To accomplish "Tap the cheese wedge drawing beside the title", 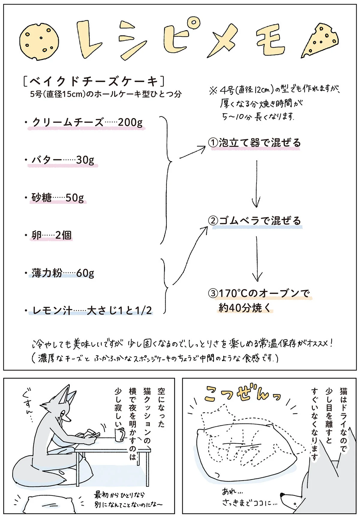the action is click(x=320, y=40).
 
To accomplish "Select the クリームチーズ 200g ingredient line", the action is click(x=87, y=122).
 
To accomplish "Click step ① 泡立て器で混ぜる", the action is click(x=255, y=143).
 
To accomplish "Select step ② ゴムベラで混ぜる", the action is click(x=255, y=221).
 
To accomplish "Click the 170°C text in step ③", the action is click(x=233, y=293).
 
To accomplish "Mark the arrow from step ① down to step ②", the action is click(x=256, y=184).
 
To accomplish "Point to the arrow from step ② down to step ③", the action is click(x=257, y=259).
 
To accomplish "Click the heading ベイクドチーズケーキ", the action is click(x=94, y=81).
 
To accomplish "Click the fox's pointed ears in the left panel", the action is click(x=67, y=394).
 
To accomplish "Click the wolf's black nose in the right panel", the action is click(x=283, y=495).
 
